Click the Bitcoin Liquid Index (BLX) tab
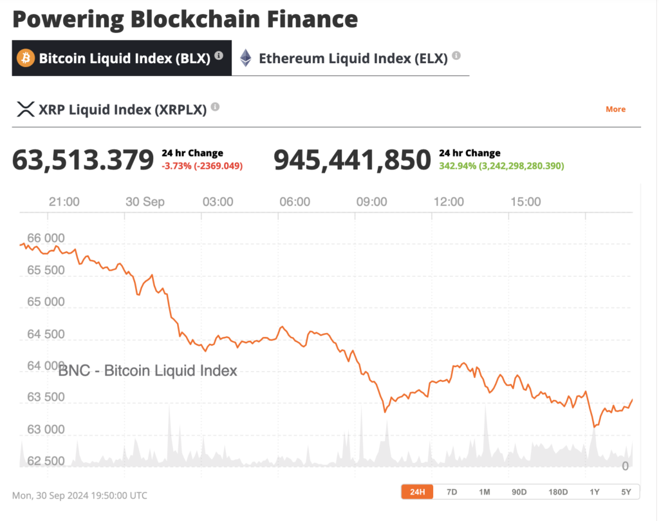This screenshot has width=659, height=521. tap(122, 58)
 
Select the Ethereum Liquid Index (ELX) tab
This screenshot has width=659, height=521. tap(352, 58)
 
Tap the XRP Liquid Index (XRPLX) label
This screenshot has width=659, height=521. tap(122, 109)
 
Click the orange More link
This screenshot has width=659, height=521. tap(615, 109)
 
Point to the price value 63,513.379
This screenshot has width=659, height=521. tap(83, 160)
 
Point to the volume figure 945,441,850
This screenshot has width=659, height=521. tap(352, 160)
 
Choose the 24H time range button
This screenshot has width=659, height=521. tap(418, 492)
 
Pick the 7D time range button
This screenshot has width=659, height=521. tap(452, 492)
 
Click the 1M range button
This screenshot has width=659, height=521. tap(485, 492)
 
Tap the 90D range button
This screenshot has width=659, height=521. tap(519, 492)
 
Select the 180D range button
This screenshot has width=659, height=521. tap(557, 492)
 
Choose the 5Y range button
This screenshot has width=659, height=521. tap(626, 492)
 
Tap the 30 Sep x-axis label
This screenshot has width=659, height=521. tap(145, 202)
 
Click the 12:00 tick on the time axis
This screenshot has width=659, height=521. tap(449, 202)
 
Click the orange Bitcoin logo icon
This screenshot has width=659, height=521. tap(26, 58)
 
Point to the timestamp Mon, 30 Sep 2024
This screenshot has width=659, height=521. tap(79, 496)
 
